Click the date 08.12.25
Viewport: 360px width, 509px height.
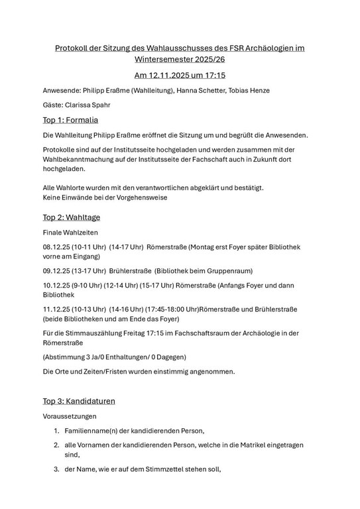[x=56, y=247]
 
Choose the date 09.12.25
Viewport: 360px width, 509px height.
[x=56, y=271]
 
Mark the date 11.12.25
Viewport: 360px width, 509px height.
[x=56, y=309]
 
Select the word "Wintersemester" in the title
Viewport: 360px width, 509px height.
[x=156, y=60]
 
